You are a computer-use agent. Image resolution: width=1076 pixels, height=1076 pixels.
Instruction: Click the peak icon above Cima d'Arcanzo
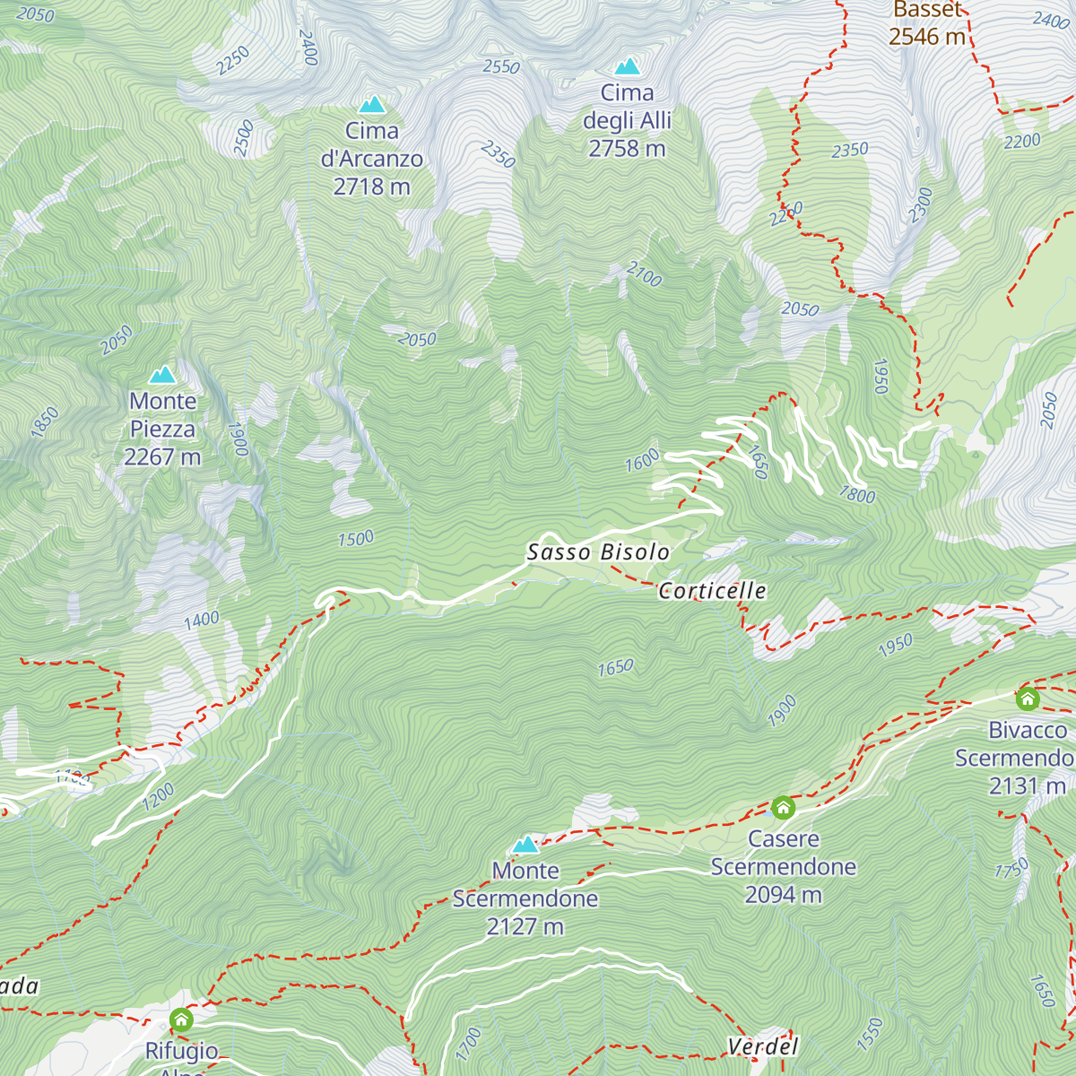(371, 105)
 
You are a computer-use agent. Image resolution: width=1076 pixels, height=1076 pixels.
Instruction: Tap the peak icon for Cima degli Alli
(627, 66)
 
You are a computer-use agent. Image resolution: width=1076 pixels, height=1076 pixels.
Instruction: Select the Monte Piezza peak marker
(162, 375)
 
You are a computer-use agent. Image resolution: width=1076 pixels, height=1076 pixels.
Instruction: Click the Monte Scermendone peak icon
(525, 845)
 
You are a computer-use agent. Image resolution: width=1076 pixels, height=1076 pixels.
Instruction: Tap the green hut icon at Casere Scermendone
(783, 808)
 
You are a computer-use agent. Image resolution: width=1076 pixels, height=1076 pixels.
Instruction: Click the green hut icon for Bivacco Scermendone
(1028, 699)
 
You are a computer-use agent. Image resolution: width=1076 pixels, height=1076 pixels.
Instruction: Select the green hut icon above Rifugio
(181, 1020)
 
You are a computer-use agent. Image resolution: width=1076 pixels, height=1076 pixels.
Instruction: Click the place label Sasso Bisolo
(598, 552)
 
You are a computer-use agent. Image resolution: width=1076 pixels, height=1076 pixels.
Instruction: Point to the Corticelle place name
(713, 591)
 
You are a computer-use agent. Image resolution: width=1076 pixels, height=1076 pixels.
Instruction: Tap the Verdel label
(762, 1046)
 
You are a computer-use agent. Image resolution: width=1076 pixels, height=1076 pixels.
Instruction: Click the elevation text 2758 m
(627, 149)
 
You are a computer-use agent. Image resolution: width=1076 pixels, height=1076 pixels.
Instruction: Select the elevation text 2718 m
(371, 187)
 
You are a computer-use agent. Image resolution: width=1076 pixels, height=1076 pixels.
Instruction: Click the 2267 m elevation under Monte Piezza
(162, 457)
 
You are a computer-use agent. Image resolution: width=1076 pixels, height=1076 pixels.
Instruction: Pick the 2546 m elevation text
(927, 37)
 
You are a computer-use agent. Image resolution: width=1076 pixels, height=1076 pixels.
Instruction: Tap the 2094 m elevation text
(783, 895)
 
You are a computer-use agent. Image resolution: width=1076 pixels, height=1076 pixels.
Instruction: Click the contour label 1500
(356, 539)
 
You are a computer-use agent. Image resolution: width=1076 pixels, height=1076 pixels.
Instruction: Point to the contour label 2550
(501, 67)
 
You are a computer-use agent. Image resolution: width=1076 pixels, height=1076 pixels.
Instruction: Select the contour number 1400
(202, 620)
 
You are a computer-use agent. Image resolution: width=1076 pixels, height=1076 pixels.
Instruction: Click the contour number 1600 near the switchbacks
(642, 461)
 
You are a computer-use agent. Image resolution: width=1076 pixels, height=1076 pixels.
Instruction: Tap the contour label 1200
(159, 796)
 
